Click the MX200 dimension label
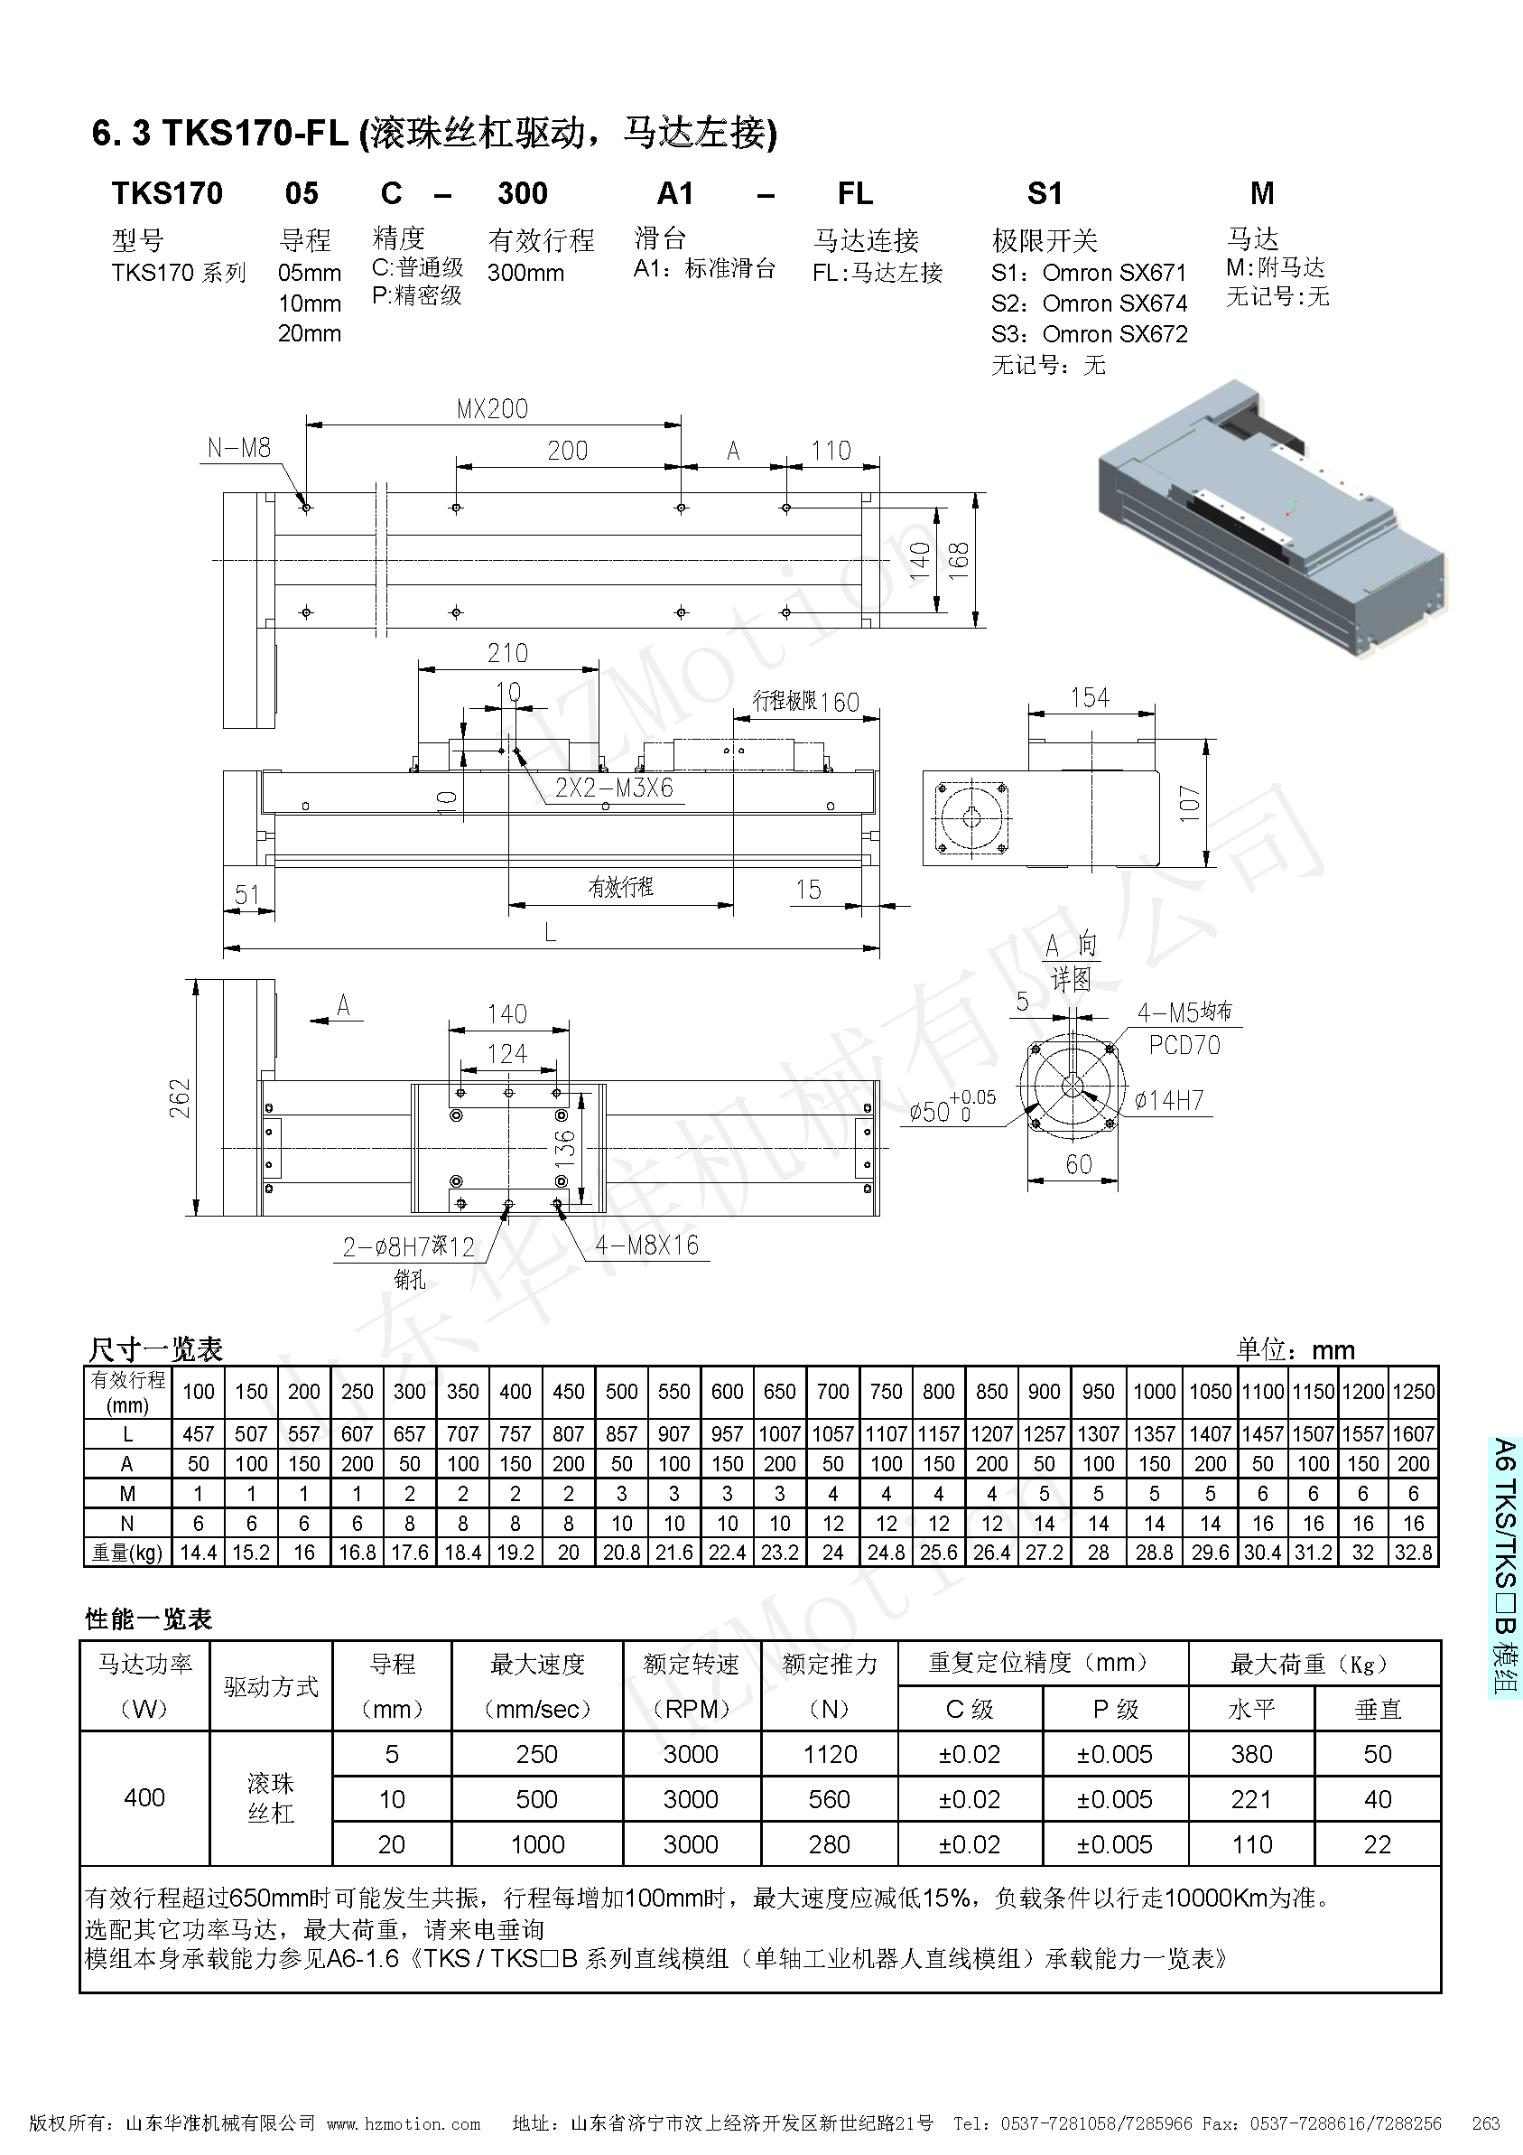point(492,408)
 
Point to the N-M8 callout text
point(238,448)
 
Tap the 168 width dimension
point(958,560)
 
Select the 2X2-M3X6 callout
point(614,788)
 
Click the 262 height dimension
point(180,1097)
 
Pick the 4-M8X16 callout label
point(646,1245)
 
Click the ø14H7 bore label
point(1168,1100)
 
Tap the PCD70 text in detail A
point(1184,1045)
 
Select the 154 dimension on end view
point(1090,697)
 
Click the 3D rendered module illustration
point(1271,517)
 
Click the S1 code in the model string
point(1045,193)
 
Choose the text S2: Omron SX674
point(1089,303)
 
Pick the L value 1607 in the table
point(1412,1433)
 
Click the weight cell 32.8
point(1412,1553)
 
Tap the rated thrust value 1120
point(830,1754)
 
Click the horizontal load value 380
point(1251,1754)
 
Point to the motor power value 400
point(144,1797)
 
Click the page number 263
point(1485,2123)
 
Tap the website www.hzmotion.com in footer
point(404,2123)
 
